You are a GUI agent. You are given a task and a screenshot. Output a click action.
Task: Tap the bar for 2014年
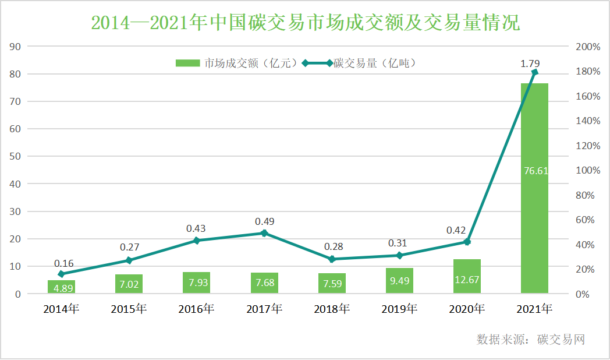61,287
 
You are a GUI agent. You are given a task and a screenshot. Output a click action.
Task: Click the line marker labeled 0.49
264,233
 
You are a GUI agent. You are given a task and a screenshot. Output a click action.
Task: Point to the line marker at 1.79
535,72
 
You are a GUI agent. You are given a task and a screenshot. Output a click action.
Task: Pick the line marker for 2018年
332,259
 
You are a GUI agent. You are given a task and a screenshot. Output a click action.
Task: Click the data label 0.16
64,263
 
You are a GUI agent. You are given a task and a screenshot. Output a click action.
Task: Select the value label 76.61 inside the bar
535,171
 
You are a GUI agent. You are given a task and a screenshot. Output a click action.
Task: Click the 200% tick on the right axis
587,47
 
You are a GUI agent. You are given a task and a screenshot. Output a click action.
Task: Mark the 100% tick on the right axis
587,170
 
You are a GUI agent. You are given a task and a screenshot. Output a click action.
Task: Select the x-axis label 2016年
196,309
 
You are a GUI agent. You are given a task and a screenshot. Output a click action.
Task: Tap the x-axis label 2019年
399,309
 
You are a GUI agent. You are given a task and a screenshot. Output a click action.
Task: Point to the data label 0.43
196,229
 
